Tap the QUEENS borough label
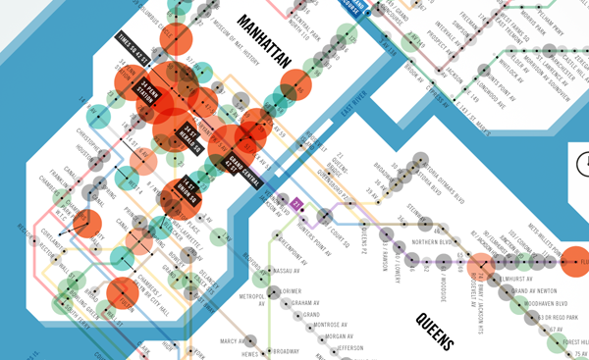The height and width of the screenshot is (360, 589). [434, 332]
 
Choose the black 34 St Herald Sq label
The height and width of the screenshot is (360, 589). [190, 140]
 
